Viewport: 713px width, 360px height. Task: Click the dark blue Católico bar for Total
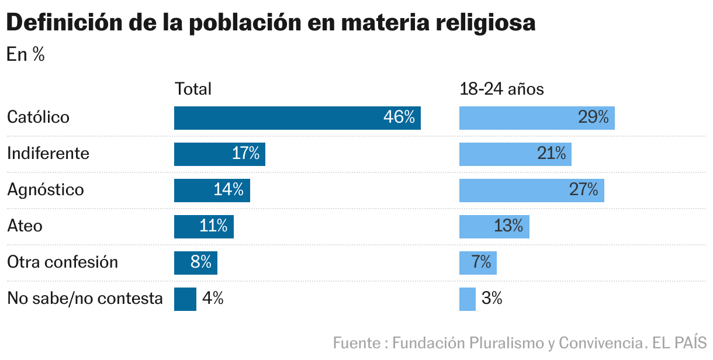tap(297, 118)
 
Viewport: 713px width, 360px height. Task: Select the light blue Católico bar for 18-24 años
tap(537, 118)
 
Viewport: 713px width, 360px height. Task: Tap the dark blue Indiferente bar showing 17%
tap(219, 154)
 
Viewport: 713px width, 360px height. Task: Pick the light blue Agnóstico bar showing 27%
tap(531, 191)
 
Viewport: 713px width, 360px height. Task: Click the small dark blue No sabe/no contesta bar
tap(185, 299)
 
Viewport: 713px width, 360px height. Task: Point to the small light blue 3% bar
tap(467, 299)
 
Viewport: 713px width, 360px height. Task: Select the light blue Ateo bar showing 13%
tap(494, 227)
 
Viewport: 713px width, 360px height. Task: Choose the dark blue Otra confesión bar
tap(195, 263)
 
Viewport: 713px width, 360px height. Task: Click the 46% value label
tap(399, 118)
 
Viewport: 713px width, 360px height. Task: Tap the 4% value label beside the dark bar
tap(213, 299)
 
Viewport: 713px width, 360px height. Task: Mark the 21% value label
tap(551, 154)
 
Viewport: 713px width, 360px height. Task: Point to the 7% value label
tap(481, 263)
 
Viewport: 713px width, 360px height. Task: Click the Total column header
tap(193, 89)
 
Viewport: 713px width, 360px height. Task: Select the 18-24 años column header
tap(501, 89)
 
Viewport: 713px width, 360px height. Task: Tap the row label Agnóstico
tap(45, 190)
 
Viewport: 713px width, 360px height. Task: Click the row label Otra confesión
tap(62, 262)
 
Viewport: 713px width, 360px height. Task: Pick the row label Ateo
tap(25, 226)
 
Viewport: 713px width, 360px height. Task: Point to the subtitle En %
tap(25, 55)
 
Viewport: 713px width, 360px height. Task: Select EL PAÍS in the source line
tap(680, 342)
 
